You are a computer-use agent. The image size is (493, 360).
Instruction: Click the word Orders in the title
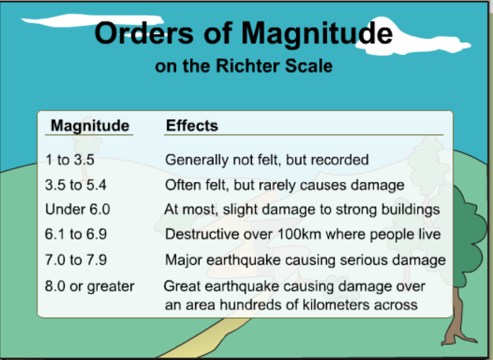(x=144, y=33)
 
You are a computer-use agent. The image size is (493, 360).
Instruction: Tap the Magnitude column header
(x=90, y=126)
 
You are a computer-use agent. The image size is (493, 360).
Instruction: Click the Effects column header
(x=192, y=126)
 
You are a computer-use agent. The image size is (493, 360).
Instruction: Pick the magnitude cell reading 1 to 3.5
(x=70, y=160)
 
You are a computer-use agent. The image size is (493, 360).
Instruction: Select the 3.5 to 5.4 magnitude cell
(x=76, y=185)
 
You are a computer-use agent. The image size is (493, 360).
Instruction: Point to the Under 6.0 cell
(x=78, y=209)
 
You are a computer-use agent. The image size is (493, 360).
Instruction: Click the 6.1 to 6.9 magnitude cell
(x=76, y=234)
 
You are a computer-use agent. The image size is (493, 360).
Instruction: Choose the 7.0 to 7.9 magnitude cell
(x=76, y=260)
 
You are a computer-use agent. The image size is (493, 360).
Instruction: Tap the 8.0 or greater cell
(x=90, y=286)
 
